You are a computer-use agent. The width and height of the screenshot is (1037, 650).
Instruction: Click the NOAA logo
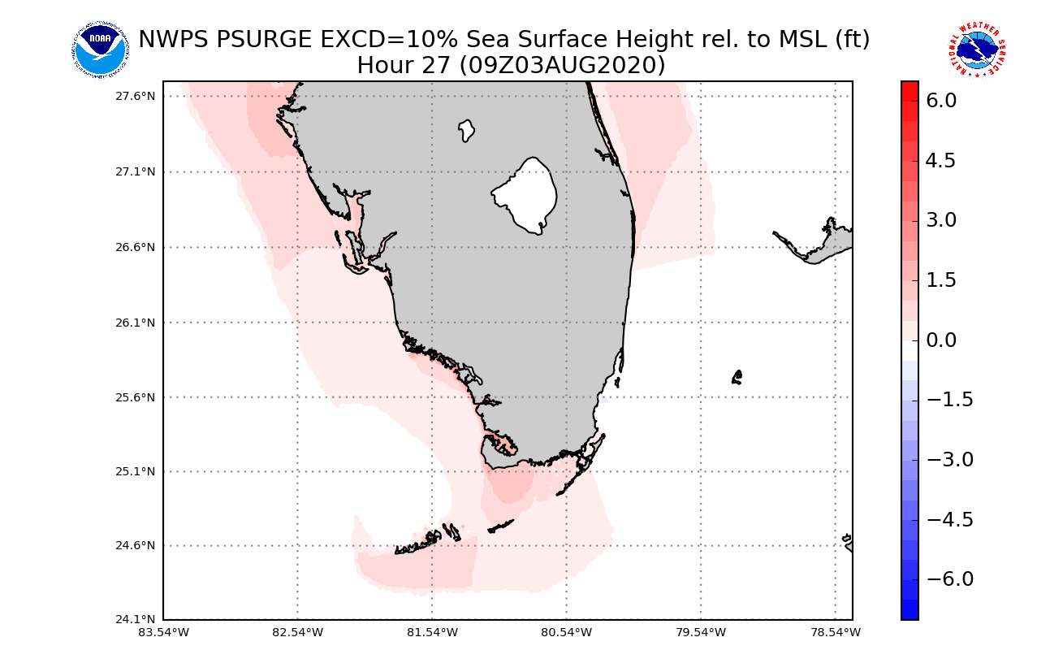click(99, 50)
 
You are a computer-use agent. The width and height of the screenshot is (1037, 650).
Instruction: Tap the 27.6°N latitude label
click(136, 96)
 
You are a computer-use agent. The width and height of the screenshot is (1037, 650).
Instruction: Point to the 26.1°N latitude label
click(136, 323)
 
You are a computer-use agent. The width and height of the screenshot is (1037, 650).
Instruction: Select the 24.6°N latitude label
click(136, 545)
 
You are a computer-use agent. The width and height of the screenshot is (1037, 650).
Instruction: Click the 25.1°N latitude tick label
click(136, 471)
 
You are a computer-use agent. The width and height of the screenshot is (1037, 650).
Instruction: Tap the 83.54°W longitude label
click(165, 632)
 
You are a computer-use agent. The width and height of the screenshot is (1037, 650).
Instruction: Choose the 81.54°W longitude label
click(432, 632)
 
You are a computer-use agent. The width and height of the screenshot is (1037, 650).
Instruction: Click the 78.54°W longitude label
click(835, 632)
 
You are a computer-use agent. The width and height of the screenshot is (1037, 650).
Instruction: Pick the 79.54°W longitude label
click(701, 632)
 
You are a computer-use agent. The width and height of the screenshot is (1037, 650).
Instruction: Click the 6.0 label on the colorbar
click(940, 100)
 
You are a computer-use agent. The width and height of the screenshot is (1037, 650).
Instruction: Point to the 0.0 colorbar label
click(940, 340)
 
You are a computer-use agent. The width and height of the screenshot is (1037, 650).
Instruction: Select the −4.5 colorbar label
click(940, 519)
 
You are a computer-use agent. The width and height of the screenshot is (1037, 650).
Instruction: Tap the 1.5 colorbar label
click(940, 280)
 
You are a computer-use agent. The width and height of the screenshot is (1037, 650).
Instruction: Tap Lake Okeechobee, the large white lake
click(526, 195)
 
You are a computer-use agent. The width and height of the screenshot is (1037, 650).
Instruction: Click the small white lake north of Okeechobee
click(466, 130)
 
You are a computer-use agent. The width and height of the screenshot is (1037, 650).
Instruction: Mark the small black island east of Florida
click(737, 377)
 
